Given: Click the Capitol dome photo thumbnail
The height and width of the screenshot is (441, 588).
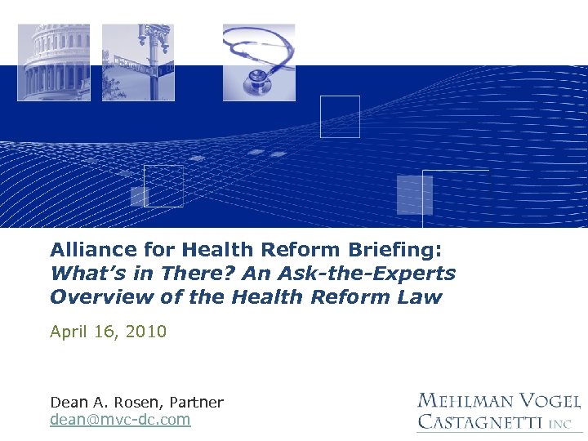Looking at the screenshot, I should click(x=54, y=62).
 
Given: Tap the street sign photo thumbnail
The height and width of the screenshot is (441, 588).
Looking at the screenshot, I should click(x=138, y=62).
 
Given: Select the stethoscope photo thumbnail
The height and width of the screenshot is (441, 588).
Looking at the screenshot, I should click(x=259, y=62).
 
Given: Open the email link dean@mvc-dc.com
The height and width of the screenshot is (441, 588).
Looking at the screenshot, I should click(x=120, y=420).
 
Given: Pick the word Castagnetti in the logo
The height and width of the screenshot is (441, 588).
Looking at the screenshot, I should click(x=479, y=422).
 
